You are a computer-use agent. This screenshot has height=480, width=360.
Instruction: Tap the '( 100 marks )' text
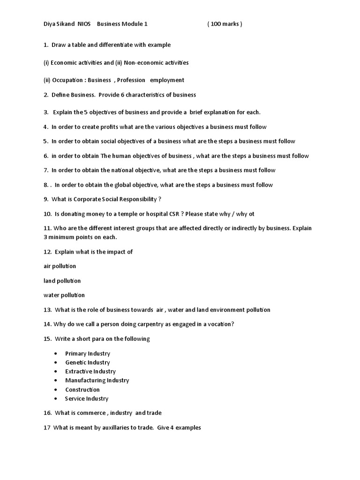point(225,24)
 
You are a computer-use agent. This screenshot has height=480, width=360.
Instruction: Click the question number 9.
point(46,199)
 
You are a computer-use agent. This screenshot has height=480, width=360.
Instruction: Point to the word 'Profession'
point(131,80)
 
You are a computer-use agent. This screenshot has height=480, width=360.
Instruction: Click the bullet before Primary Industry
point(56,353)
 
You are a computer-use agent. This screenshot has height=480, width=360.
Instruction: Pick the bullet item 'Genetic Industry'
point(87,362)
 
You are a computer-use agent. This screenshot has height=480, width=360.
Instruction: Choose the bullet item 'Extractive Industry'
point(90,371)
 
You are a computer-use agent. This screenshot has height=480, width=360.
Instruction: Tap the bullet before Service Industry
point(56,398)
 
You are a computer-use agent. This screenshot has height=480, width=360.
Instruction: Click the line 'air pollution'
point(60,266)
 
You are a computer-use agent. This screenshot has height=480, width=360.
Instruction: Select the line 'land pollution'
point(62,281)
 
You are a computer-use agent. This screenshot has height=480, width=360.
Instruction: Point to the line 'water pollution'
point(64,295)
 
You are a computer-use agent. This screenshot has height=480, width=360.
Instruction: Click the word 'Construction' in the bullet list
point(82,390)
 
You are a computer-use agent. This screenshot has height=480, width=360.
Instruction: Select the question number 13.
point(47,310)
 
